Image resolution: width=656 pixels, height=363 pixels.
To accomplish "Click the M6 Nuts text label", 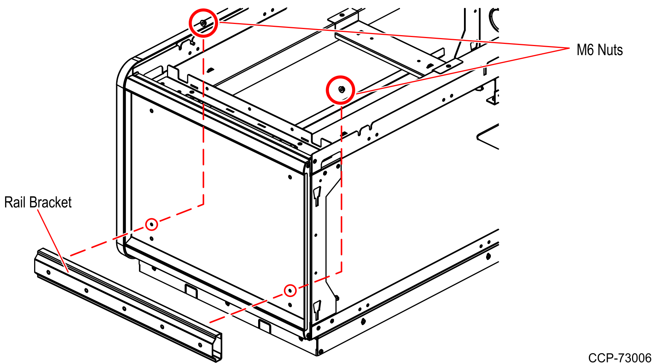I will (x=599, y=50).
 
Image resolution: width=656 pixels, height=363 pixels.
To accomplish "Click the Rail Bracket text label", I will (x=38, y=202).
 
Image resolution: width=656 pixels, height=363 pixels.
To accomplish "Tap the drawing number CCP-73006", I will (x=620, y=358).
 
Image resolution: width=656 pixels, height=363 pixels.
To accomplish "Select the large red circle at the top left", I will (x=203, y=23).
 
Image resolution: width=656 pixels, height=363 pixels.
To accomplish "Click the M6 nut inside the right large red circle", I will (x=341, y=89).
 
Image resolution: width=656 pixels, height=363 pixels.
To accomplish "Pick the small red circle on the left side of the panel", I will (x=151, y=224).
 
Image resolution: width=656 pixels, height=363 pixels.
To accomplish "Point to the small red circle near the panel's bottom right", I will (x=290, y=290).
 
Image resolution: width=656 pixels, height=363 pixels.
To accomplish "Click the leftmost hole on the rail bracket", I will (x=48, y=272).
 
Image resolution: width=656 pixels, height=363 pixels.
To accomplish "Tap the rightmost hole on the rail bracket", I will (x=200, y=345).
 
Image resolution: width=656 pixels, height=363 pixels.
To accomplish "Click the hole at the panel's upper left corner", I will (x=152, y=111).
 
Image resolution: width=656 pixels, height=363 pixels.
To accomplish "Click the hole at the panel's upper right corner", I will (x=290, y=177).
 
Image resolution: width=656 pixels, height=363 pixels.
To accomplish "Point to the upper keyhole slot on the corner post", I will (x=317, y=196).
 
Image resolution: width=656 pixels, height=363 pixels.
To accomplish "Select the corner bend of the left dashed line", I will (x=203, y=205).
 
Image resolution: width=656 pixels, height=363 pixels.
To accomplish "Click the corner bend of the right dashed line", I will (x=341, y=272).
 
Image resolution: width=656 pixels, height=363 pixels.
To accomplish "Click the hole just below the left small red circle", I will (x=151, y=239).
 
